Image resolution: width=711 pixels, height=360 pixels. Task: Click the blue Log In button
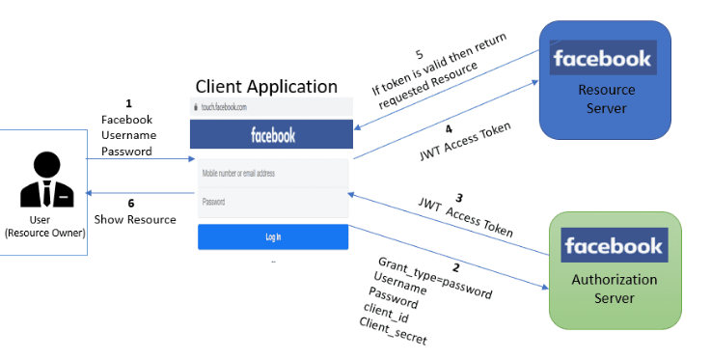pos(272,237)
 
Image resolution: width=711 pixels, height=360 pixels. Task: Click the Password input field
pos(272,202)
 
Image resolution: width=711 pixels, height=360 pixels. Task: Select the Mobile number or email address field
pos(272,174)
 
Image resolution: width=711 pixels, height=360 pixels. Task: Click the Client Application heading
pos(266,87)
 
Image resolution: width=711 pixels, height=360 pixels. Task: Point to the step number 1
pos(128,102)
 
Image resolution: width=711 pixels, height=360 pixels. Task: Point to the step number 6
pos(132,203)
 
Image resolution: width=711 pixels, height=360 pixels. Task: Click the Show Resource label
pos(135,219)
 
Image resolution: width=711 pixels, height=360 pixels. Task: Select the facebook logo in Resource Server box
pos(603,59)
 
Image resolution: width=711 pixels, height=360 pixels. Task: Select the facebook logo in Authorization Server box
pos(615,245)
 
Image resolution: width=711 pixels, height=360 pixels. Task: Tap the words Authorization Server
pos(615,289)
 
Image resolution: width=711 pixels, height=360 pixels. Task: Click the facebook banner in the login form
pos(272,134)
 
